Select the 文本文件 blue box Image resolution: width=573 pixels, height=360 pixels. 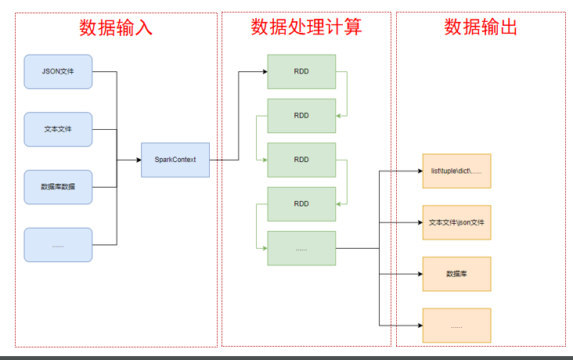click(58, 129)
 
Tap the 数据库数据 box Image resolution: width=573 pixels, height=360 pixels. click(58, 187)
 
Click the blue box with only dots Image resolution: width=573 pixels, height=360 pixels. click(58, 245)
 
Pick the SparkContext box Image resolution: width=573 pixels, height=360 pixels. click(175, 160)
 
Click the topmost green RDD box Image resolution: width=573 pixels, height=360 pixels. click(301, 71)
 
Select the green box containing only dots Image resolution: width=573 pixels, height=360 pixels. click(301, 248)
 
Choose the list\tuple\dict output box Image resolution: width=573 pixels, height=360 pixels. click(456, 171)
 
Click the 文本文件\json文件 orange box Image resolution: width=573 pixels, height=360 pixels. click(456, 222)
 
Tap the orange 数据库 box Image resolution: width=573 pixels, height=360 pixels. click(456, 274)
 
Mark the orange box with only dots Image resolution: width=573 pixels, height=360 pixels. click(456, 326)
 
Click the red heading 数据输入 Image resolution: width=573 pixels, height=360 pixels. click(116, 28)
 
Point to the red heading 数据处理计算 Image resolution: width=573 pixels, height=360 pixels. click(306, 28)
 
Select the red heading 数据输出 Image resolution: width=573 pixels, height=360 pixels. click(481, 28)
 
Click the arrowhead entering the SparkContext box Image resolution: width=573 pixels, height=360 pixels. click(138, 160)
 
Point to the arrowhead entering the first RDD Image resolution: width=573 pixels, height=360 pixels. click(264, 72)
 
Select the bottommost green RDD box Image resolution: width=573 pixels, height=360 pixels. click(301, 203)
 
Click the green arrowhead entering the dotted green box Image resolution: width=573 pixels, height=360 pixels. click(264, 248)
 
